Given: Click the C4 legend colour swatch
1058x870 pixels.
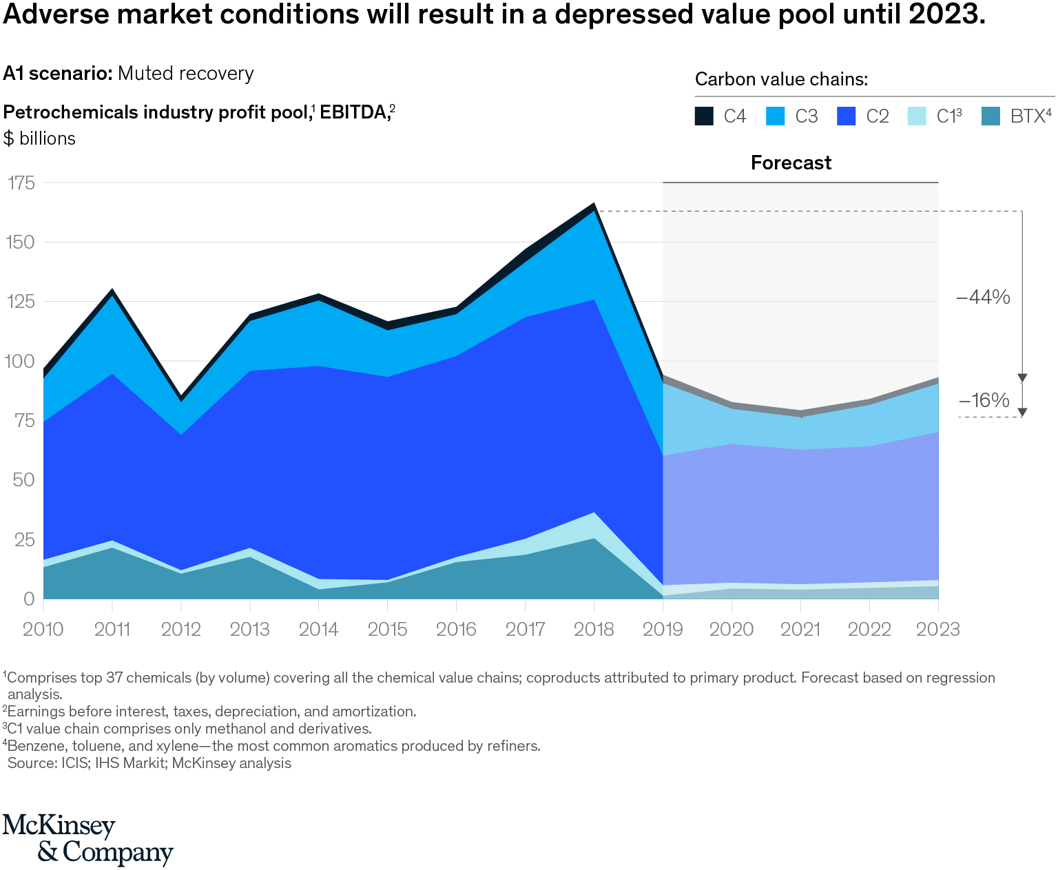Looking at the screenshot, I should (704, 116).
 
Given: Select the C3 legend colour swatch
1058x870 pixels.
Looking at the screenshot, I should (775, 116).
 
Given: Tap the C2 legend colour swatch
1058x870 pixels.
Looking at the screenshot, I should (846, 116).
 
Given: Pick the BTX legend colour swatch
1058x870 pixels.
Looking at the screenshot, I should (990, 116).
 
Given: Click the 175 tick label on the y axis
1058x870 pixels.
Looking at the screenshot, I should (21, 183).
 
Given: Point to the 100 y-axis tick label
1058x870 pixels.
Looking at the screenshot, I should (21, 361).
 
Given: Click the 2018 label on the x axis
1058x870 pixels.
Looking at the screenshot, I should (594, 629).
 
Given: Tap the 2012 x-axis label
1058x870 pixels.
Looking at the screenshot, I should (180, 629).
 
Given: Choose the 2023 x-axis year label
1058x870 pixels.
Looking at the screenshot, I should (938, 629).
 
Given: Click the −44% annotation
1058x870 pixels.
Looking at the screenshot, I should (983, 298).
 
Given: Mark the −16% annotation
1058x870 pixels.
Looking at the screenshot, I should (983, 400).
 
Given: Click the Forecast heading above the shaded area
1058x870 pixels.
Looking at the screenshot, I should (791, 163).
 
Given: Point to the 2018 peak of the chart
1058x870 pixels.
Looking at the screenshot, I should (593, 205).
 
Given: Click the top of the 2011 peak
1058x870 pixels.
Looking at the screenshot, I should (112, 290).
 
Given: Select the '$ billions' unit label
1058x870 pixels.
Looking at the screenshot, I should (39, 138).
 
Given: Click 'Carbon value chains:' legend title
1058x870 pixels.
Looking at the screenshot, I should (781, 79).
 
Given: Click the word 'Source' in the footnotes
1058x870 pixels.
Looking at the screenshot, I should (32, 763).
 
